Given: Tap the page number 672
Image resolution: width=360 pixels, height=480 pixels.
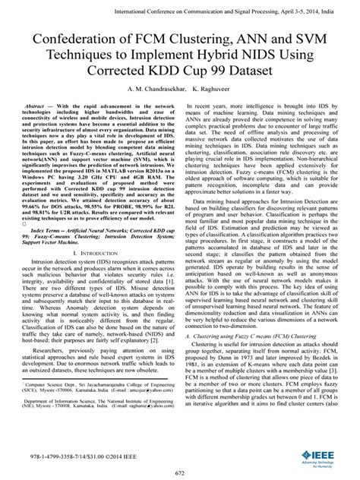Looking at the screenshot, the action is click(180, 472).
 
